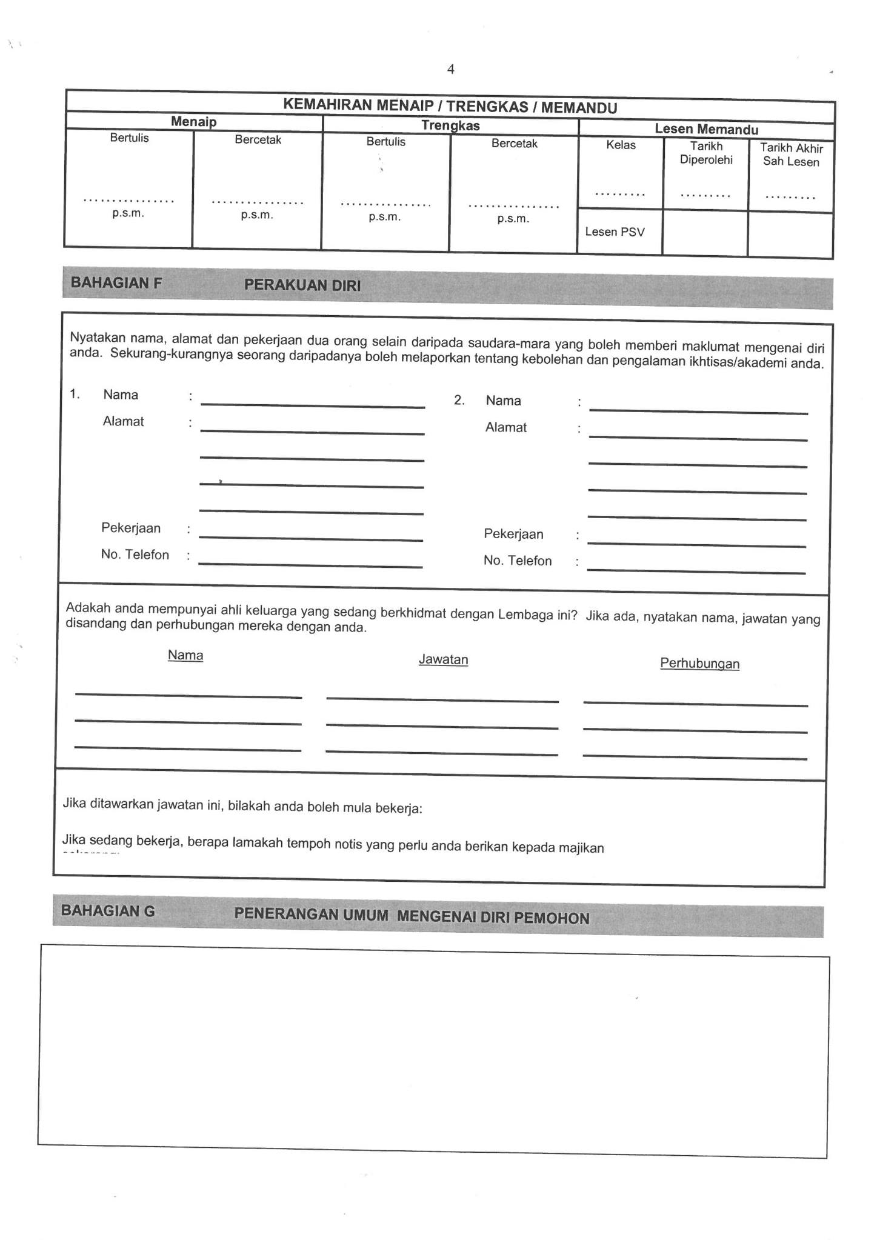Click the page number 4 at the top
(450, 70)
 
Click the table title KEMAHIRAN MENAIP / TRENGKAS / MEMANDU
(450, 107)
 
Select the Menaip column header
(193, 122)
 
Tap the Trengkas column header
(450, 126)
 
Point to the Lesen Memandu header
(706, 129)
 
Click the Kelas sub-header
(621, 145)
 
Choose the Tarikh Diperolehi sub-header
(706, 153)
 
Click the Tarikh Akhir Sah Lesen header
(791, 155)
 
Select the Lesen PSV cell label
(615, 232)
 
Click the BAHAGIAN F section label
(116, 283)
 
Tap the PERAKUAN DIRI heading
(302, 285)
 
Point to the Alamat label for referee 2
(505, 428)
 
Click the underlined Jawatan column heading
(443, 660)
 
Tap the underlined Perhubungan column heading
(699, 664)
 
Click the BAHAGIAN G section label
(108, 911)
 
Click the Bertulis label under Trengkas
(385, 142)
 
